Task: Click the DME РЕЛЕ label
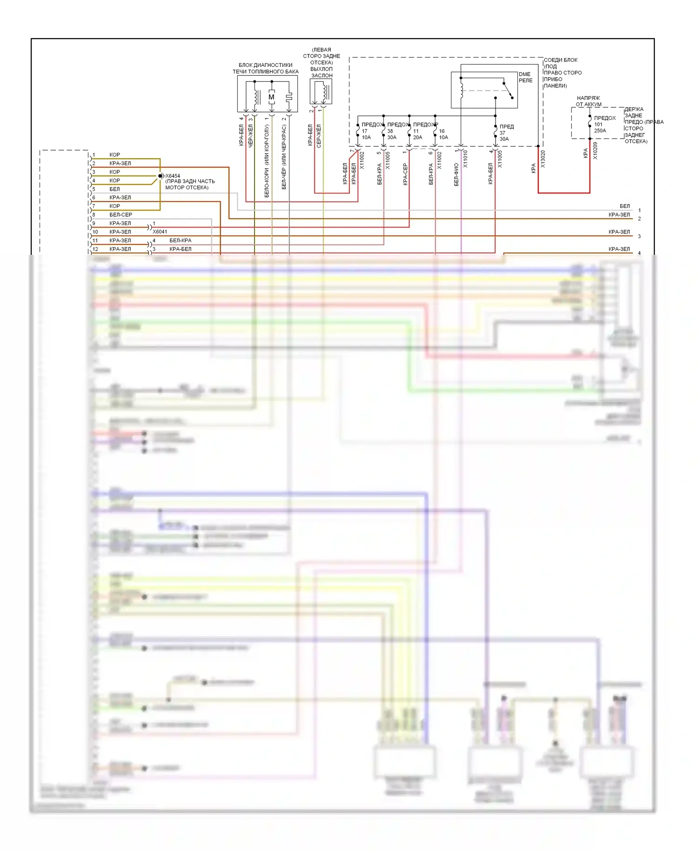pos(525,77)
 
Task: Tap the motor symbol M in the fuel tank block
pos(272,97)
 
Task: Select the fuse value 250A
pos(600,131)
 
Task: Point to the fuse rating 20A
pos(417,137)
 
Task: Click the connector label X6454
pos(173,176)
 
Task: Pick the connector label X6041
pos(160,232)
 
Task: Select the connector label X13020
pos(543,159)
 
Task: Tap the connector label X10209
pos(595,151)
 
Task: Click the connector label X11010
pos(465,159)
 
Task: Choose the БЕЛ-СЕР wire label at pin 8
pos(121,215)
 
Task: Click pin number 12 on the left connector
pos(95,249)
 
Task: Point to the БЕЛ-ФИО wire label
pos(456,174)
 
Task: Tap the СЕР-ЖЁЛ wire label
pos(319,136)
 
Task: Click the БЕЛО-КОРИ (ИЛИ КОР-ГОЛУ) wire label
pos(267,161)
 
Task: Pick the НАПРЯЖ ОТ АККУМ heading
pos(588,101)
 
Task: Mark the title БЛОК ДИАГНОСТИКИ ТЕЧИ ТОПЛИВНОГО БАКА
pos(265,68)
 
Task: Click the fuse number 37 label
pos(503,133)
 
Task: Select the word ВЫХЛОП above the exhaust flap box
pos(322,69)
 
